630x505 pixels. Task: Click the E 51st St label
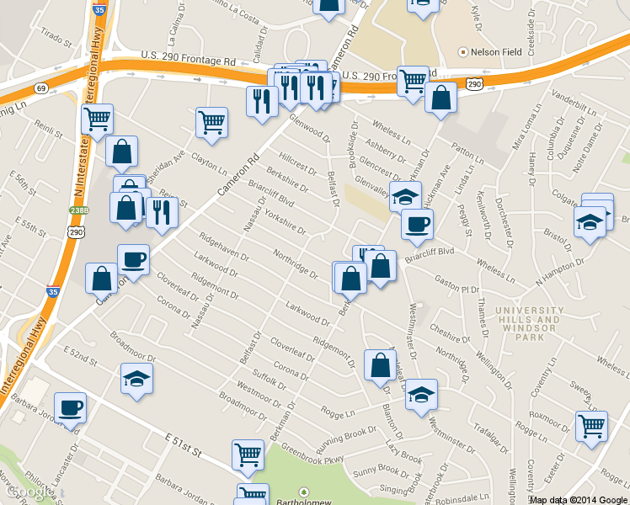click(184, 445)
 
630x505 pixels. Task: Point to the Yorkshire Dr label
click(286, 218)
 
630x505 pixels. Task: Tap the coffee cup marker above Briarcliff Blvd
click(416, 224)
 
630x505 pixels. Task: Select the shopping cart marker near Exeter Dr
click(591, 426)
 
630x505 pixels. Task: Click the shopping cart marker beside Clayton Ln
click(211, 121)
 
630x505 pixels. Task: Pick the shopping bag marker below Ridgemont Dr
click(380, 364)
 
